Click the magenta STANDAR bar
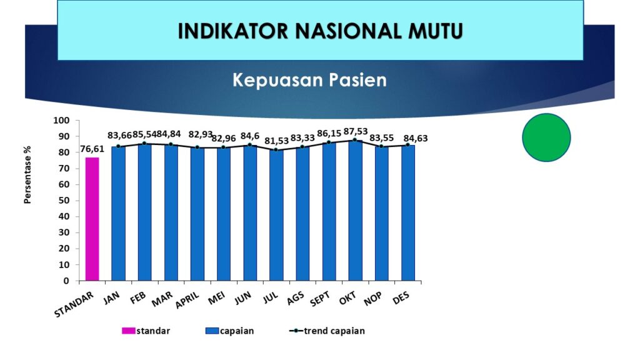(92, 219)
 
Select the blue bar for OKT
(356, 211)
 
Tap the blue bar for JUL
(276, 215)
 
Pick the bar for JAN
(118, 214)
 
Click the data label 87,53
(356, 131)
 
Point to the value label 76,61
(92, 149)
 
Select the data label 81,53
(276, 141)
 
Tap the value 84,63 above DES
(416, 138)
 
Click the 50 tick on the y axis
(63, 201)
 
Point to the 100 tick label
(61, 121)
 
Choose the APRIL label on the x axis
(187, 301)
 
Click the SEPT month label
(319, 299)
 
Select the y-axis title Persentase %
(27, 175)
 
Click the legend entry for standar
(146, 331)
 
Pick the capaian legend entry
(230, 331)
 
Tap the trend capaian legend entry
(327, 331)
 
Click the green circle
(546, 137)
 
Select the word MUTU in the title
(436, 31)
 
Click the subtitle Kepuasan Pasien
(310, 80)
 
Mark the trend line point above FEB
(144, 143)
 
